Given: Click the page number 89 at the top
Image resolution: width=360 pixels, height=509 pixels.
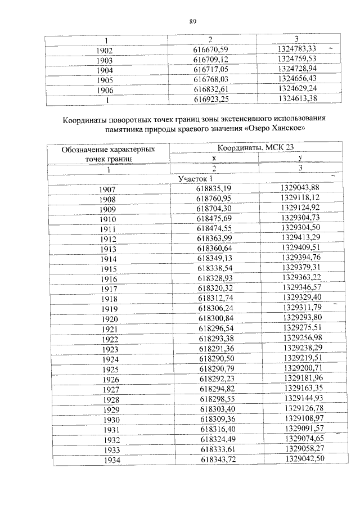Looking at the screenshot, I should [x=192, y=22].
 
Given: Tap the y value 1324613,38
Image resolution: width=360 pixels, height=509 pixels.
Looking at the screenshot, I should [x=298, y=99].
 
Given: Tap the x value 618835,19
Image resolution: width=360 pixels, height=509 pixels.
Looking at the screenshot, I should [x=214, y=188].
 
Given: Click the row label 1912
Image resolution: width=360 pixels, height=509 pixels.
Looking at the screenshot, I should [x=107, y=238].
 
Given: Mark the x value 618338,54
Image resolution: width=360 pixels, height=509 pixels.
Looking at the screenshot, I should [x=214, y=268].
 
